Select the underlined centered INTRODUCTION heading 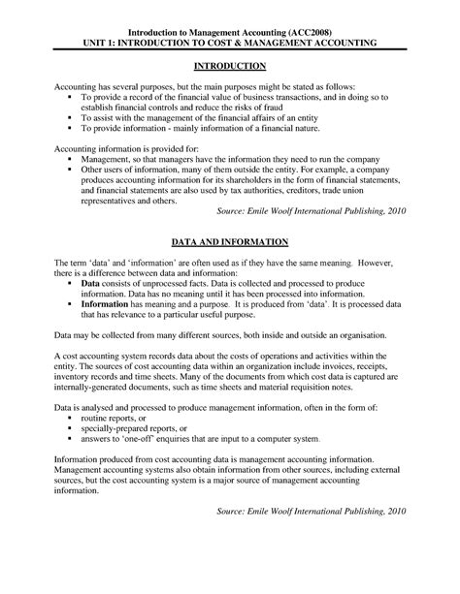tap(229, 66)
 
